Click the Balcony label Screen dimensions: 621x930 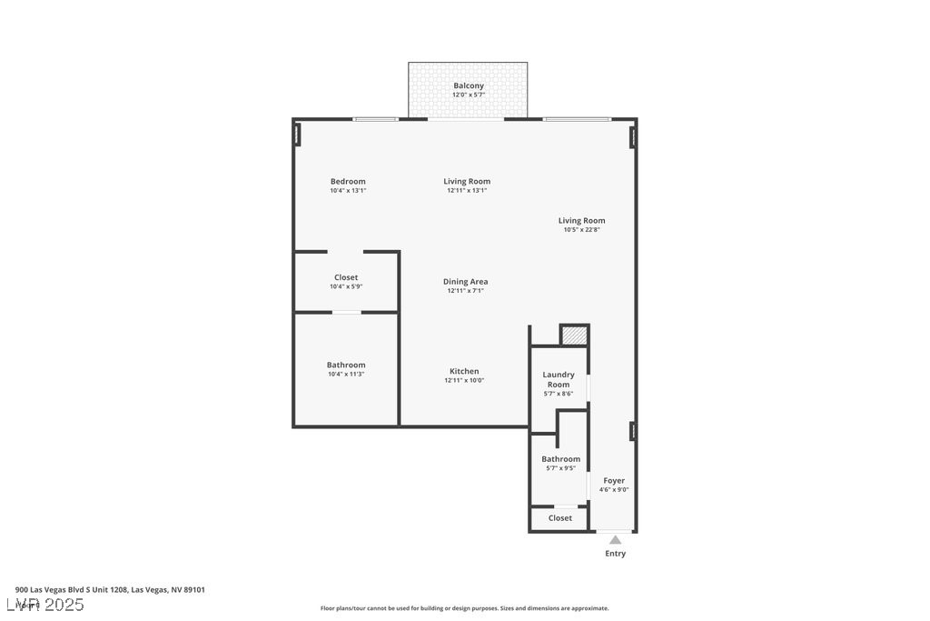(x=468, y=85)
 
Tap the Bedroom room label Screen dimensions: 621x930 (x=348, y=181)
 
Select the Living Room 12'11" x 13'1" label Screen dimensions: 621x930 (x=467, y=181)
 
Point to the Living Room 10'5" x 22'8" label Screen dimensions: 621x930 (x=581, y=220)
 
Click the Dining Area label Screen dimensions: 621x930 (x=465, y=282)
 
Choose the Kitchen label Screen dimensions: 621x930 (x=464, y=371)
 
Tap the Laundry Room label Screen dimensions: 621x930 (x=559, y=379)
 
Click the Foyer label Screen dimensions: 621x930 (x=614, y=480)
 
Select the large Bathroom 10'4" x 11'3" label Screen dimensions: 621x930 (x=346, y=365)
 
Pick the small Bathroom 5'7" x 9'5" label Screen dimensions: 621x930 (x=560, y=459)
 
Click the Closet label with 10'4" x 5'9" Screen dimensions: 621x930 (x=346, y=277)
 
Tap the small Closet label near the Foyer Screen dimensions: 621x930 (x=560, y=517)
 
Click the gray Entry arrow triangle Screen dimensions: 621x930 (x=615, y=540)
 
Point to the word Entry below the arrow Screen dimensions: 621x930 (x=615, y=553)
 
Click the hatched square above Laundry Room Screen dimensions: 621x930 (x=574, y=336)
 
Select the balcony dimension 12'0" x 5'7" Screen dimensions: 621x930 (x=468, y=95)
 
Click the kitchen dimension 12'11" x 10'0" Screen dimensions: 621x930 (x=464, y=380)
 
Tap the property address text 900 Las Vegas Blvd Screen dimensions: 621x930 (x=110, y=589)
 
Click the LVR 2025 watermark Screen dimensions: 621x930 (x=45, y=605)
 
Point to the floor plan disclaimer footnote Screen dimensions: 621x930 (x=464, y=608)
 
